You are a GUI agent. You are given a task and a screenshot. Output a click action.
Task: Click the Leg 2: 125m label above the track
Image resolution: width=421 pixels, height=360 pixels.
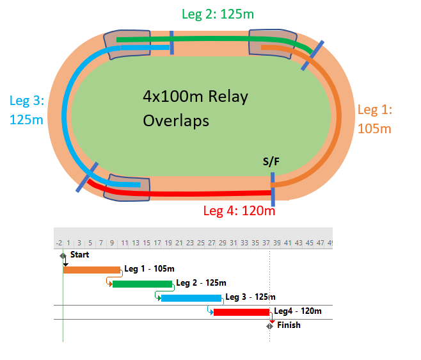coord(220,14)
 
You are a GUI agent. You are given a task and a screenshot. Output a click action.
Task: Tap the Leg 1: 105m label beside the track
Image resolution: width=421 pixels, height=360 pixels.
coord(374,119)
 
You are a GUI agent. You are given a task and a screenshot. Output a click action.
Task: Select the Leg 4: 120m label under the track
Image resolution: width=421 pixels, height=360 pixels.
coord(239,210)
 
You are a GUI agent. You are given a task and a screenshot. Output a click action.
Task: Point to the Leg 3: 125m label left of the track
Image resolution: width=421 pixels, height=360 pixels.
coord(26,110)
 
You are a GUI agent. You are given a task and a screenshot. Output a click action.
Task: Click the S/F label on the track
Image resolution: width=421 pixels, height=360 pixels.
coord(271,161)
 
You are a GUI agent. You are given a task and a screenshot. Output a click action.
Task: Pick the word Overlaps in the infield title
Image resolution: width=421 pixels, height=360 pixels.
coord(176,120)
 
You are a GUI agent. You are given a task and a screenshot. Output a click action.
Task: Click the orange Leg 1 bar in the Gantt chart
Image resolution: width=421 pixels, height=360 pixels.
coord(91,270)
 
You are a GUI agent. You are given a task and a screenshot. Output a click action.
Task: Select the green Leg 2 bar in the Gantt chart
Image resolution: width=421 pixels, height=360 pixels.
coord(142,284)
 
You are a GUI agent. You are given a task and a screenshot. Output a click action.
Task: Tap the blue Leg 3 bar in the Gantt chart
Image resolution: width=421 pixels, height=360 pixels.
coord(191,298)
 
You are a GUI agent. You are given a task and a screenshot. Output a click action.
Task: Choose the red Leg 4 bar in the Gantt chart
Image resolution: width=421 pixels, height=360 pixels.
coord(241,312)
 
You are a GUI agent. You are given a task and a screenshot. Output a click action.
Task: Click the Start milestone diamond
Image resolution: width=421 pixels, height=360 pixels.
coord(64,256)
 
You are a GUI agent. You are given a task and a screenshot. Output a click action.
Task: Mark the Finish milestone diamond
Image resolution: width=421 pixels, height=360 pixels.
coord(270,326)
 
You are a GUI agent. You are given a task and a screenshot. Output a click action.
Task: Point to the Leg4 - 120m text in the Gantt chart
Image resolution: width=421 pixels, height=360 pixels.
coord(298,311)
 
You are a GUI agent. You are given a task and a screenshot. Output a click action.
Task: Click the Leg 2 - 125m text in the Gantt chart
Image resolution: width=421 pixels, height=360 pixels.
coord(201,283)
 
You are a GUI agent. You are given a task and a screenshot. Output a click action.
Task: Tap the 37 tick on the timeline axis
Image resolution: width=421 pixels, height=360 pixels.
coord(266,243)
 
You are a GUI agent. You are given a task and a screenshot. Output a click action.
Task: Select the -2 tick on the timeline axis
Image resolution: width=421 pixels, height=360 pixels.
coord(59,243)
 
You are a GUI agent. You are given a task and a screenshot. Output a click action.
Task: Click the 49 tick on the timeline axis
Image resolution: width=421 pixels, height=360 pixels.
coord(328,243)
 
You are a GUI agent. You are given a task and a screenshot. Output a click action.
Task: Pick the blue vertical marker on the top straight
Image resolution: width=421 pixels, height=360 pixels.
coord(171,42)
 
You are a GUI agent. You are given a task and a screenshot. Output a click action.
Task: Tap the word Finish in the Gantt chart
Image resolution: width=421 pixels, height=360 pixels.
coord(289,325)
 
